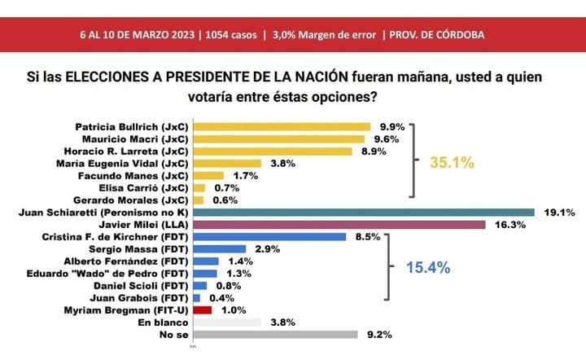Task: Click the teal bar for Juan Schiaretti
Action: pos(363,212)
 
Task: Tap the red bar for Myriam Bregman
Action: pos(202,310)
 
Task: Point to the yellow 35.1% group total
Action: pos(453,163)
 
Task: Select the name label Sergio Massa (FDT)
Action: pos(146,248)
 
